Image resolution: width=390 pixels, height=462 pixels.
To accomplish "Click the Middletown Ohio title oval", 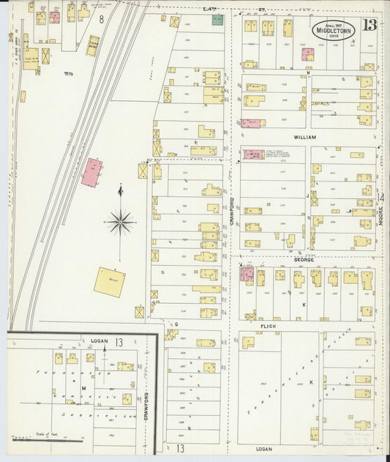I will (333, 31).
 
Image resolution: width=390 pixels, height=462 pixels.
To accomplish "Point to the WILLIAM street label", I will (304, 136).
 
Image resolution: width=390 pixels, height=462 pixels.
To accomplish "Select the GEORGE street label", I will (304, 260).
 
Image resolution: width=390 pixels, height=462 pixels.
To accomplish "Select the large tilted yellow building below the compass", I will (109, 282).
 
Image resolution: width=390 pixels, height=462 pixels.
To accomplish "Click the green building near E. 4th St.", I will (217, 20).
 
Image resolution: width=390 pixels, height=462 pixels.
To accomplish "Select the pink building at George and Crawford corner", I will (247, 275).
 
